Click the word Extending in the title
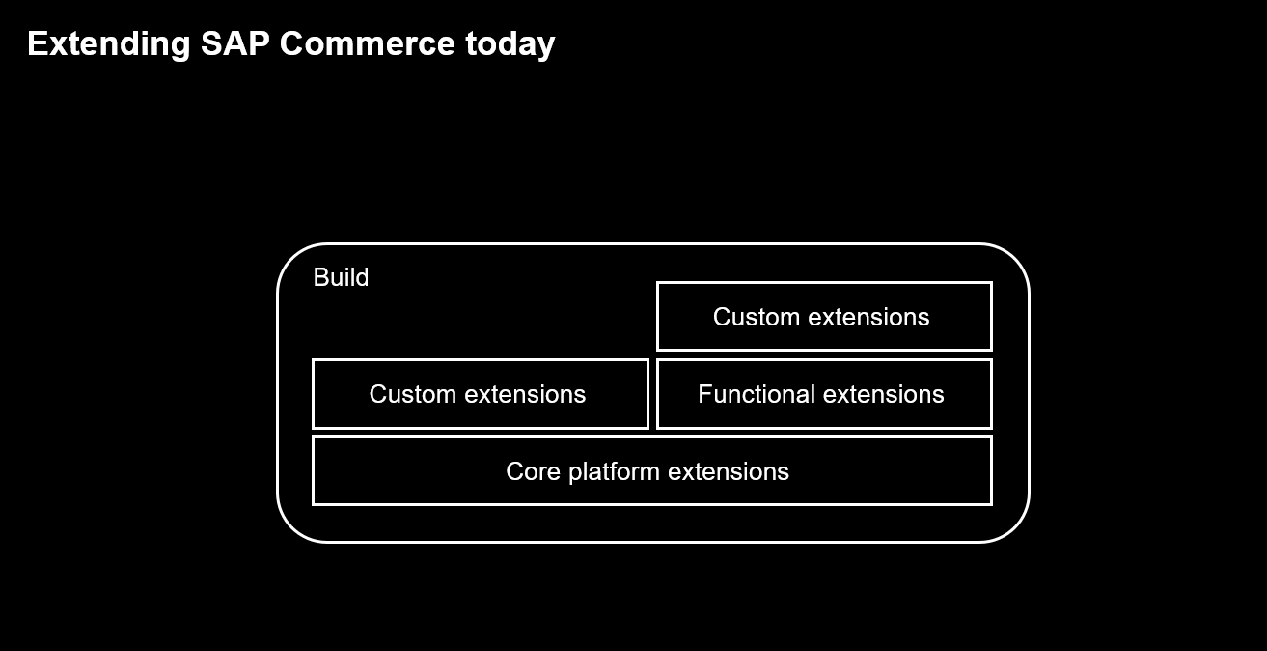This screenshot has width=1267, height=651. [109, 44]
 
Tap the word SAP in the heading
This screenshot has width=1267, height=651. [234, 43]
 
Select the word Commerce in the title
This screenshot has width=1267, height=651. [367, 43]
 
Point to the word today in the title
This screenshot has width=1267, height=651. [510, 45]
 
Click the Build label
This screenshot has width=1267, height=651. [341, 277]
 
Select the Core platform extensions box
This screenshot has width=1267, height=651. [652, 470]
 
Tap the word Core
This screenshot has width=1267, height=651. [533, 471]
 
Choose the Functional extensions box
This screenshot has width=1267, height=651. [825, 394]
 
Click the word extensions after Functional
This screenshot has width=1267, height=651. [885, 395]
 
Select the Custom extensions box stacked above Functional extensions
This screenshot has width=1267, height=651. [825, 317]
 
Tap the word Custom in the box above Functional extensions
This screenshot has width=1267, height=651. [757, 317]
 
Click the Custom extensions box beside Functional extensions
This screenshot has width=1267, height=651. [481, 394]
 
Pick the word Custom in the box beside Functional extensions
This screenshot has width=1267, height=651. [412, 395]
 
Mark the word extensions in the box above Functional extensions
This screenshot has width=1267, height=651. [868, 317]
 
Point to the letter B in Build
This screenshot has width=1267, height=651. [321, 277]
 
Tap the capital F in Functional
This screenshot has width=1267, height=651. [704, 394]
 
